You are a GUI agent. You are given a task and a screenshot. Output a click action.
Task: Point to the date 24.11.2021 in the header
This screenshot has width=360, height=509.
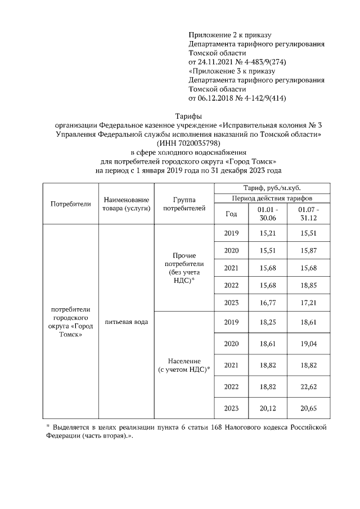tap(214, 61)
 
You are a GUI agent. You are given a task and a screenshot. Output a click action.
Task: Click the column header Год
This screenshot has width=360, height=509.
tap(231, 214)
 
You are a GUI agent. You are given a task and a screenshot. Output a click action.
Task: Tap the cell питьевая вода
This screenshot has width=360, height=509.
tap(127, 322)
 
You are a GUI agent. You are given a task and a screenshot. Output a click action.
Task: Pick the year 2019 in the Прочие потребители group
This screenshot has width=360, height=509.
tap(231, 233)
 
